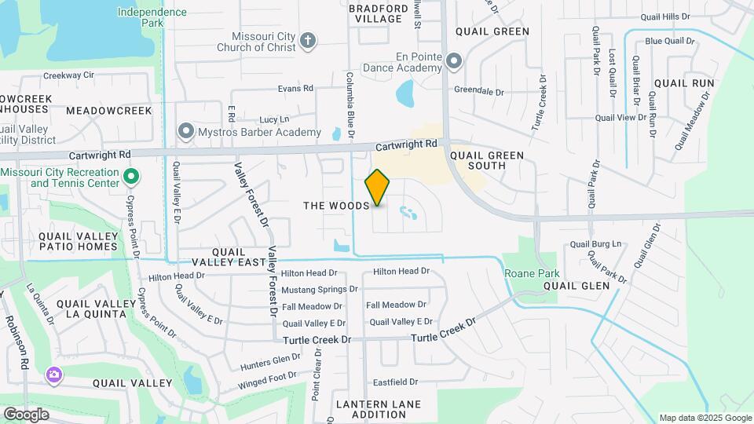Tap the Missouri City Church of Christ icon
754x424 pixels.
point(309,40)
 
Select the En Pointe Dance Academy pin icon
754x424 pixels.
point(453,60)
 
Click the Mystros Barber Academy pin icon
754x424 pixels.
point(186,131)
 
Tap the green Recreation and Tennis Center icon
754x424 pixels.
point(132,177)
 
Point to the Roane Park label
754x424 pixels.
point(532,273)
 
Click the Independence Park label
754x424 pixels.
point(152,17)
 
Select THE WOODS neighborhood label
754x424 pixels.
point(336,206)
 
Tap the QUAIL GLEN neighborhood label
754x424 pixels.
point(576,287)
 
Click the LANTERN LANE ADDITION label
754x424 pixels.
point(379,409)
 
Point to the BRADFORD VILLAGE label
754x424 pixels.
point(376,13)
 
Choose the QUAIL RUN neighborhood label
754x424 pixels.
point(683,82)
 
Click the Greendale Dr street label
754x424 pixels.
point(478,92)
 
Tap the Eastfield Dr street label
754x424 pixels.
point(395,382)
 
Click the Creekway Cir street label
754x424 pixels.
point(68,75)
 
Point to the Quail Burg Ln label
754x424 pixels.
point(595,244)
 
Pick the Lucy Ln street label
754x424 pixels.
point(274,119)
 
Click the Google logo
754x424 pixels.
point(26,414)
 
